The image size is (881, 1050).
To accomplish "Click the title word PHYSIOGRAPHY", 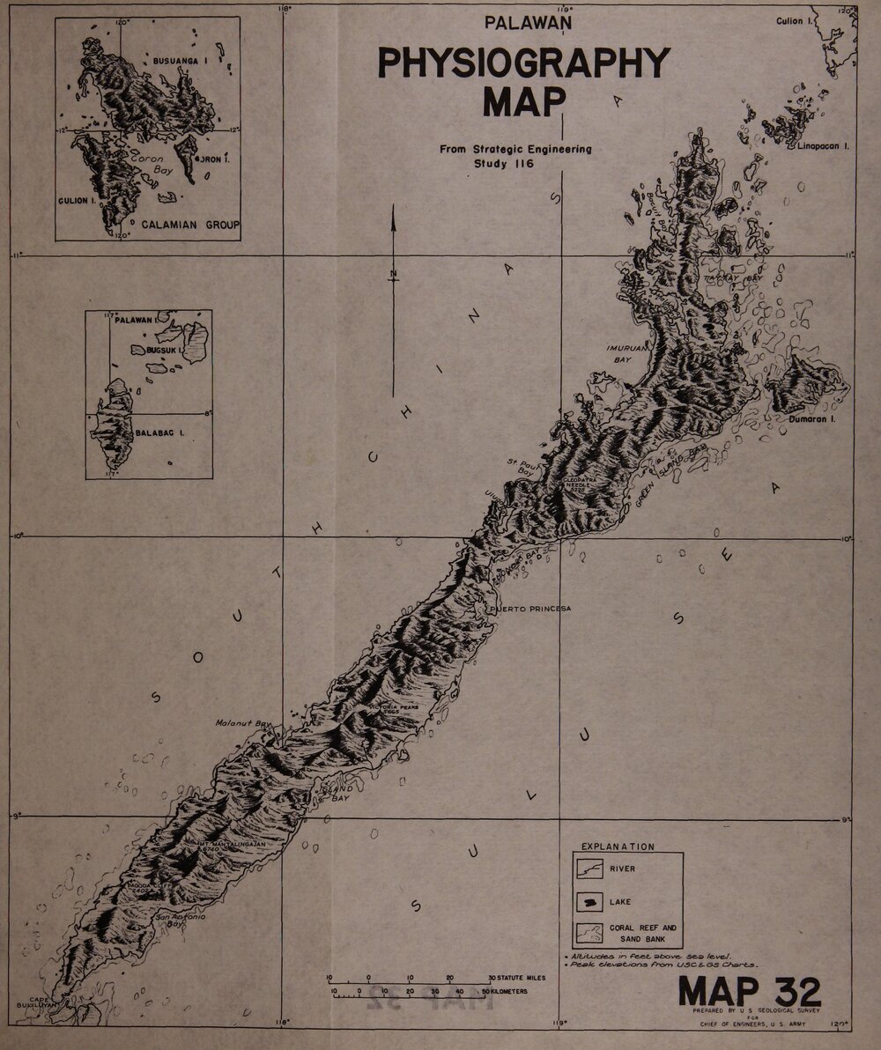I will click(523, 64).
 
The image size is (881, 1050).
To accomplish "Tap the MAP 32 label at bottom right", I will click(749, 992).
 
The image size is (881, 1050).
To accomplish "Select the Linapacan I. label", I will click(823, 146).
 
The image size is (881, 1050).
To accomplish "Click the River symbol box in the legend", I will click(589, 869).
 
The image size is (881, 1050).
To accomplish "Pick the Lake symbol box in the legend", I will click(589, 901).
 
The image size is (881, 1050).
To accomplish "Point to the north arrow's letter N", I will click(394, 273).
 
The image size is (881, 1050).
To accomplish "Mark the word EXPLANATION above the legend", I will click(617, 847).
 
